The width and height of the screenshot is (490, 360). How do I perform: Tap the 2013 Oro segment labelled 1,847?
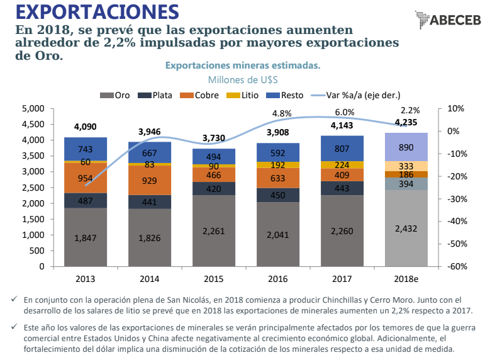point(86,237)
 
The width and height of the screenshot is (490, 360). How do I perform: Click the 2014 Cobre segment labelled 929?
point(150,180)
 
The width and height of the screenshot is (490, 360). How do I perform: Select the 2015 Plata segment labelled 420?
point(214,189)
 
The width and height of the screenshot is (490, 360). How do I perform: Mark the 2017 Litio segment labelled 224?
point(342,165)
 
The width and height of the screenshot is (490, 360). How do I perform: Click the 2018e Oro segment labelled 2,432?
point(406,228)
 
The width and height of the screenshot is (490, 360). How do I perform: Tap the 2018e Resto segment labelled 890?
point(406,146)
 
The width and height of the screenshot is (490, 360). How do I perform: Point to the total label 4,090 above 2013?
point(86,127)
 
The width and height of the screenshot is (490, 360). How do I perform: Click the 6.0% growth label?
point(345,112)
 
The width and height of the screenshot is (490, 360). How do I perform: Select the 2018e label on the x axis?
point(406,278)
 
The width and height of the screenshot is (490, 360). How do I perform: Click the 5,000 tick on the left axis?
point(32,108)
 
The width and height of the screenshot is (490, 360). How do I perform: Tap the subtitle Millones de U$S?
point(243,80)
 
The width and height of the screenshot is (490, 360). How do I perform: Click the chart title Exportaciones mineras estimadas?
point(243,65)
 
